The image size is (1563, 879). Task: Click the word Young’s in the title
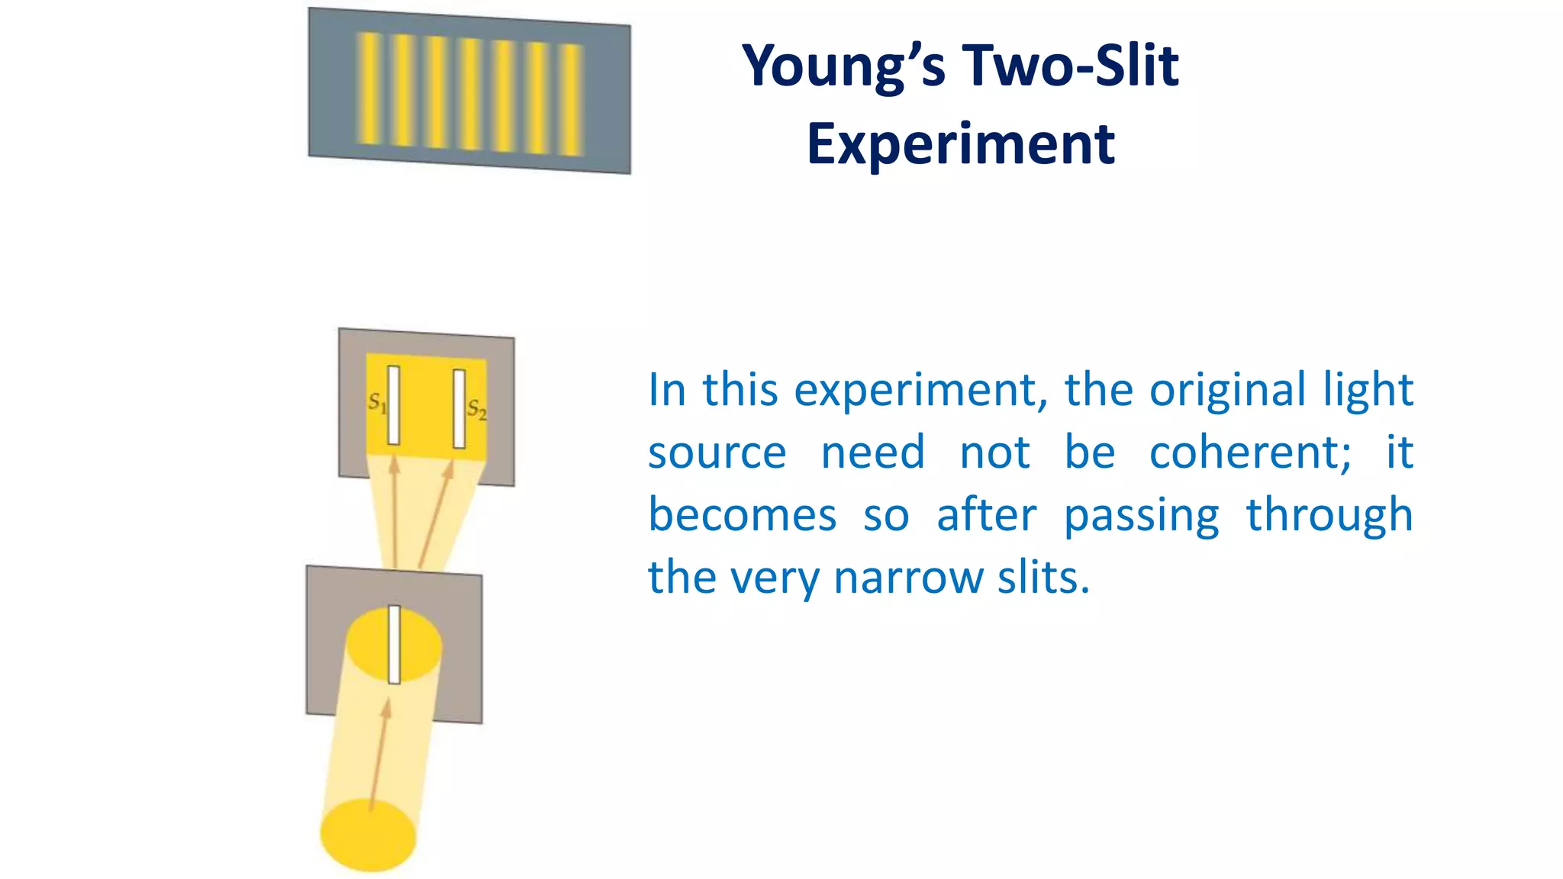coord(843,67)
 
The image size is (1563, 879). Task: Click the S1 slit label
coord(377,401)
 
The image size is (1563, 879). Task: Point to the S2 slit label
coord(476,410)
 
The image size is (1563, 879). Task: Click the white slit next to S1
coord(394,405)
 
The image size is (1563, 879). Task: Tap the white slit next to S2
coord(459,409)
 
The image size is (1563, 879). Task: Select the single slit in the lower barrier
coord(395,645)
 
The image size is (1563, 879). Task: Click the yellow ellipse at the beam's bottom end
coord(368,835)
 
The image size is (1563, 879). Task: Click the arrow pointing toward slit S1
coord(395,511)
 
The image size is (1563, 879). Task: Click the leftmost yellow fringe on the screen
coord(370,87)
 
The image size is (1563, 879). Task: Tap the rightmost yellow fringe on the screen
coord(571,100)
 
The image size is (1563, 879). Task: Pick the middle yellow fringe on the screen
coord(470,93)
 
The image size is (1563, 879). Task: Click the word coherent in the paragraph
coord(1250,452)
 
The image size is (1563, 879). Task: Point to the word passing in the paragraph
coord(1142,516)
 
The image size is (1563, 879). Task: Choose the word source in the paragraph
coord(717,452)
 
